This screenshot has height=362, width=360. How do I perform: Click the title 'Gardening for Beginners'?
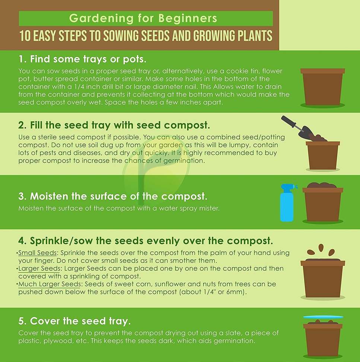(x=143, y=18)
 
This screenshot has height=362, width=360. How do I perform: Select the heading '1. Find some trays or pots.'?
(x=82, y=59)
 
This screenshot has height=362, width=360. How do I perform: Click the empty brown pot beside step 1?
(x=323, y=87)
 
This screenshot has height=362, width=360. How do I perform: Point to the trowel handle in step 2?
(x=289, y=122)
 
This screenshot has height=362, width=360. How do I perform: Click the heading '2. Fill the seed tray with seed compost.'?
(x=114, y=126)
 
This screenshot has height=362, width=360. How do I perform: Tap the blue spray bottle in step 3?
(x=287, y=203)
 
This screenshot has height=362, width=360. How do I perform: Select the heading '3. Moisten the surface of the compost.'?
(x=113, y=196)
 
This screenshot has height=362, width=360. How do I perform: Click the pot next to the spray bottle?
(x=323, y=202)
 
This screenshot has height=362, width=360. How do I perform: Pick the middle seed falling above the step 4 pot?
(x=321, y=248)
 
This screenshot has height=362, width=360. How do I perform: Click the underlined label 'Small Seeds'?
(x=37, y=253)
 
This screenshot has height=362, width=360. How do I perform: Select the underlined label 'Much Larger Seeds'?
(x=50, y=284)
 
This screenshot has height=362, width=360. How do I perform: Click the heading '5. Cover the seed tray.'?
(x=74, y=321)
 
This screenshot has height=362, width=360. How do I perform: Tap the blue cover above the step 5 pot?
(x=323, y=317)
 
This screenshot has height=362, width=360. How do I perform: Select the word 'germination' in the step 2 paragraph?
(x=184, y=161)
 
